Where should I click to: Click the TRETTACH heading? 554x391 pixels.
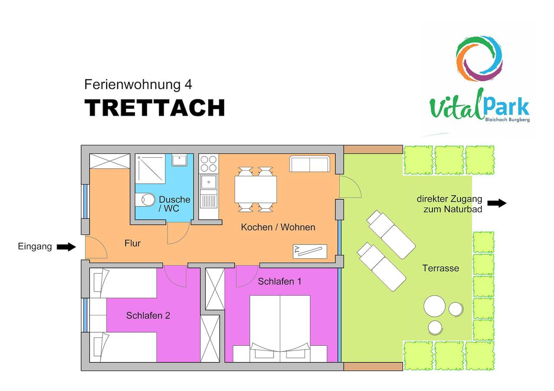pyautogui.click(x=155, y=108)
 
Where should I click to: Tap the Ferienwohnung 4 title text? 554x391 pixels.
pyautogui.click(x=138, y=85)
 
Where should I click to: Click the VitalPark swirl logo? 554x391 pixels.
pyautogui.click(x=479, y=58)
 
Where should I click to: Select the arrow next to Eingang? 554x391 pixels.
pyautogui.click(x=66, y=247)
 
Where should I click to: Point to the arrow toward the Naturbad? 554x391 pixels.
pyautogui.click(x=497, y=203)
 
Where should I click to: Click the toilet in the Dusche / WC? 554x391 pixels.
pyautogui.click(x=145, y=200)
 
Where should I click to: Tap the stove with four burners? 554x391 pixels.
pyautogui.click(x=209, y=164)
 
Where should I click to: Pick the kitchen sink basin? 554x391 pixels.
pyautogui.click(x=209, y=182)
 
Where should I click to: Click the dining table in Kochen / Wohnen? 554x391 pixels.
pyautogui.click(x=256, y=189)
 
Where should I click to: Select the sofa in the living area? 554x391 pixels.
pyautogui.click(x=309, y=163)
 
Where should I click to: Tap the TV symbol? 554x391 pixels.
pyautogui.click(x=310, y=251)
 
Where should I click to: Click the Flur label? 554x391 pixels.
pyautogui.click(x=132, y=243)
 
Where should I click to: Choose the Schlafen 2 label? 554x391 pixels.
pyautogui.click(x=148, y=315)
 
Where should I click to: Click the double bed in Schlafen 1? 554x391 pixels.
pyautogui.click(x=280, y=328)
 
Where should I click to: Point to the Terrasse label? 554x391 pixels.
pyautogui.click(x=441, y=268)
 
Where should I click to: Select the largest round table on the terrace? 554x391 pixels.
pyautogui.click(x=435, y=306)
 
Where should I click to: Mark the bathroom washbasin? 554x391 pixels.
pyautogui.click(x=179, y=160)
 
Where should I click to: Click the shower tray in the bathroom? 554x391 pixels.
pyautogui.click(x=150, y=168)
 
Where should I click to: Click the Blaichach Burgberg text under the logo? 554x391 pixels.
pyautogui.click(x=507, y=120)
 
